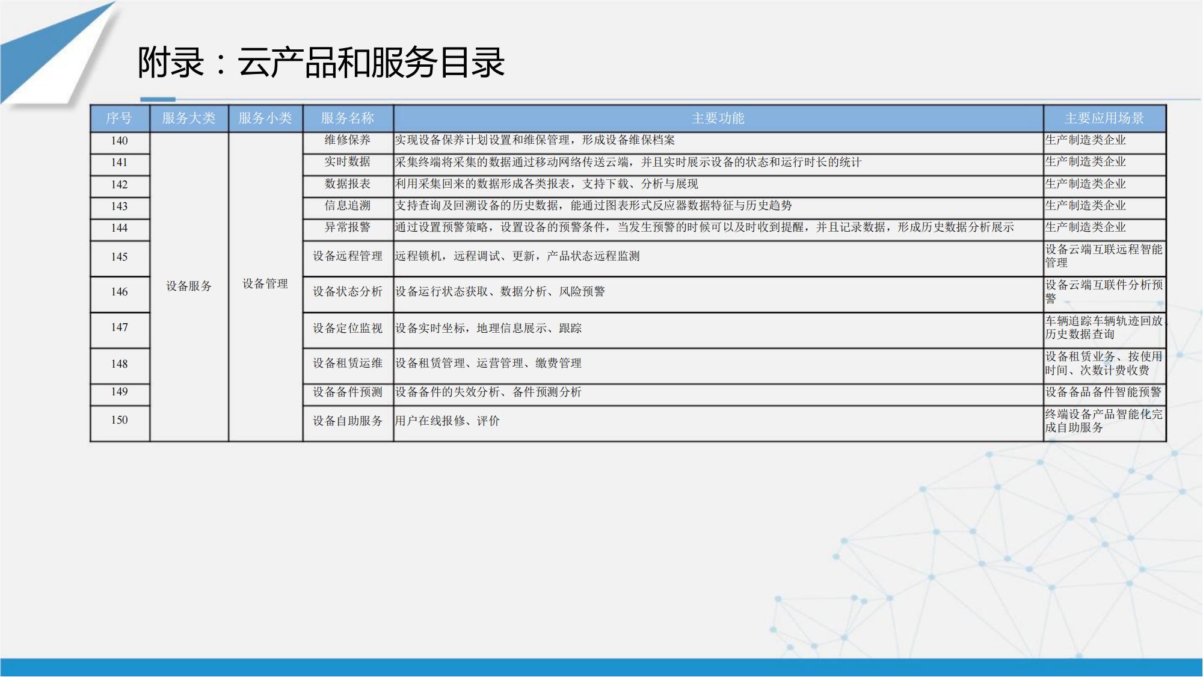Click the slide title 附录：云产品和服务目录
click(321, 63)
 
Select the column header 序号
click(119, 118)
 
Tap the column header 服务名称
click(348, 118)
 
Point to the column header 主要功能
click(718, 118)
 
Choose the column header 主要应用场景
click(1104, 118)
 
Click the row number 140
click(119, 140)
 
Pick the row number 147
click(119, 327)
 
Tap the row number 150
click(119, 420)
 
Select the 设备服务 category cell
click(189, 286)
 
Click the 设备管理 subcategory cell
click(265, 283)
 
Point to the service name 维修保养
click(348, 140)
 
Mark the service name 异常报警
click(348, 227)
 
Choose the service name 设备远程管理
click(348, 256)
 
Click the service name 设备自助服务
click(348, 421)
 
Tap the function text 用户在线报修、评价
click(447, 421)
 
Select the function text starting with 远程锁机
click(517, 256)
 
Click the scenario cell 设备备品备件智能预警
click(1103, 392)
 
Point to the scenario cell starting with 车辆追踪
click(1104, 327)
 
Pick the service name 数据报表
click(348, 184)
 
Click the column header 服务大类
click(189, 118)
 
